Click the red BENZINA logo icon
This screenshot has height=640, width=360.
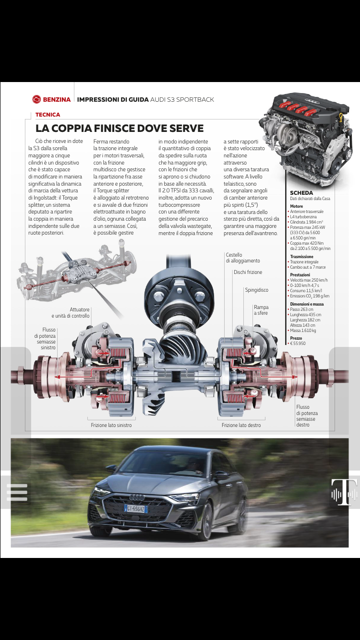(37, 99)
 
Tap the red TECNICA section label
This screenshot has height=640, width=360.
(48, 115)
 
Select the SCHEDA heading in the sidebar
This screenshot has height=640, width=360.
(301, 193)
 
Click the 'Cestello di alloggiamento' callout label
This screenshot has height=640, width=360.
(242, 258)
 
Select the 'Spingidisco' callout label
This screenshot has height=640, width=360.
(256, 290)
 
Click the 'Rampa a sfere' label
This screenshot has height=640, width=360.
(261, 310)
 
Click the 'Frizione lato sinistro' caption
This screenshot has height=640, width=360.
(111, 425)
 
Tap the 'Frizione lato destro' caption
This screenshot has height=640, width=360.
(241, 425)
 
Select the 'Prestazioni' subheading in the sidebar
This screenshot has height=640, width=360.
(300, 275)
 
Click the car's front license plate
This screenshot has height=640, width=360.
(136, 508)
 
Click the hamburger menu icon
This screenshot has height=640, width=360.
(17, 492)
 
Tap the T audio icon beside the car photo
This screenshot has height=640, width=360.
(344, 492)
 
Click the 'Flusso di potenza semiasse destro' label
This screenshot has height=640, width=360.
(307, 416)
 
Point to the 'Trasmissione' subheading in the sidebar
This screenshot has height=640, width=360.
(301, 257)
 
